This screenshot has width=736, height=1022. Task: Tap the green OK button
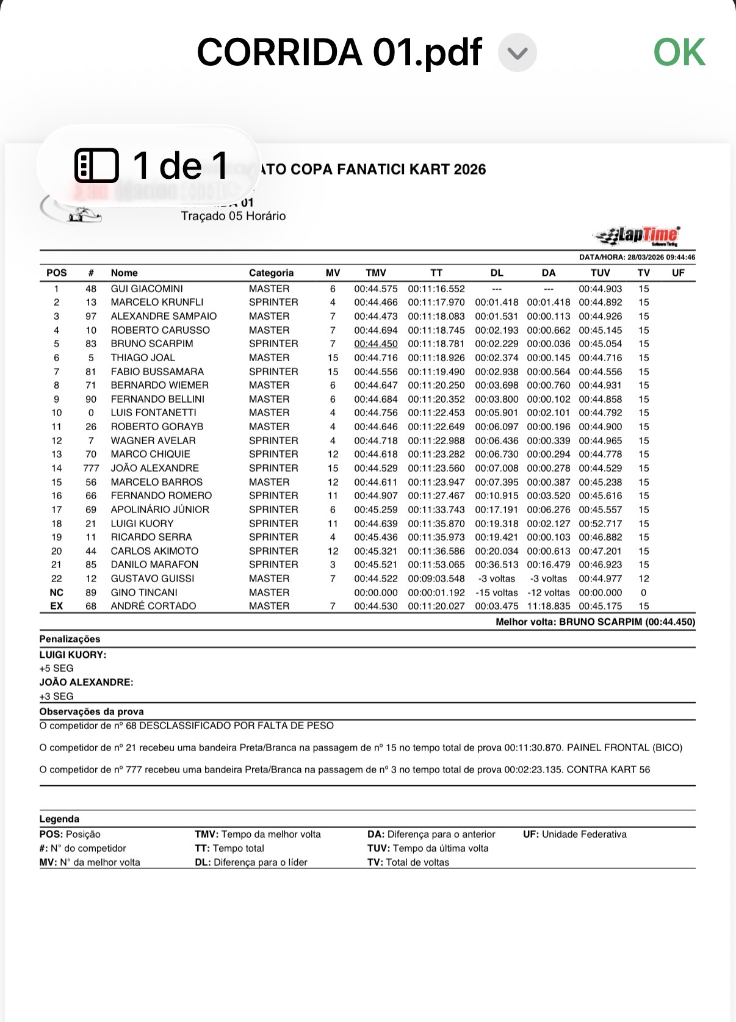pos(679,52)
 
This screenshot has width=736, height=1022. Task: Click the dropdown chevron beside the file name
pos(517,53)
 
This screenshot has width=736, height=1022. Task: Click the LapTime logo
pos(638,235)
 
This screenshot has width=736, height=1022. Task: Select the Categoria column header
pos(271,273)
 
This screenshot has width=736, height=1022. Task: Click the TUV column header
pos(600,273)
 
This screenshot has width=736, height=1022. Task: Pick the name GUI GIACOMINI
pos(146,289)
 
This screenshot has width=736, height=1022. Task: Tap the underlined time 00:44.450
pos(375,344)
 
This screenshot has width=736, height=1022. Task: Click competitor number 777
pos(91,468)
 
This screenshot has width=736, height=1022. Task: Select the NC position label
pos(56,592)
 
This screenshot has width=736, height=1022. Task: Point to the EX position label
pos(56,606)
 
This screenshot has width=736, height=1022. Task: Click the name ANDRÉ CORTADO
pos(153,606)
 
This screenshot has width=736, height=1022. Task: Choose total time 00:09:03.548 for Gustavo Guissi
pos(436,578)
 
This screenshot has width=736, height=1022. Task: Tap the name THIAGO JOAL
pos(143,358)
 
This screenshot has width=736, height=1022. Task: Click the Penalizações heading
pos(70,639)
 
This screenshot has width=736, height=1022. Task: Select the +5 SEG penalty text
pos(56,668)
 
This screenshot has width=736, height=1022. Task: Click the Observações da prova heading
pos(92,711)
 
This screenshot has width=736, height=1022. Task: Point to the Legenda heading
pos(59,819)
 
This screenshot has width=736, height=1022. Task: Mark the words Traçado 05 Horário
pos(233,216)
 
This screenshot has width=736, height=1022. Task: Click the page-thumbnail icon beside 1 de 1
pos(96,165)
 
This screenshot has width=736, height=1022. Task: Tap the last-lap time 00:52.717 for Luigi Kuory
pos(600,524)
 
